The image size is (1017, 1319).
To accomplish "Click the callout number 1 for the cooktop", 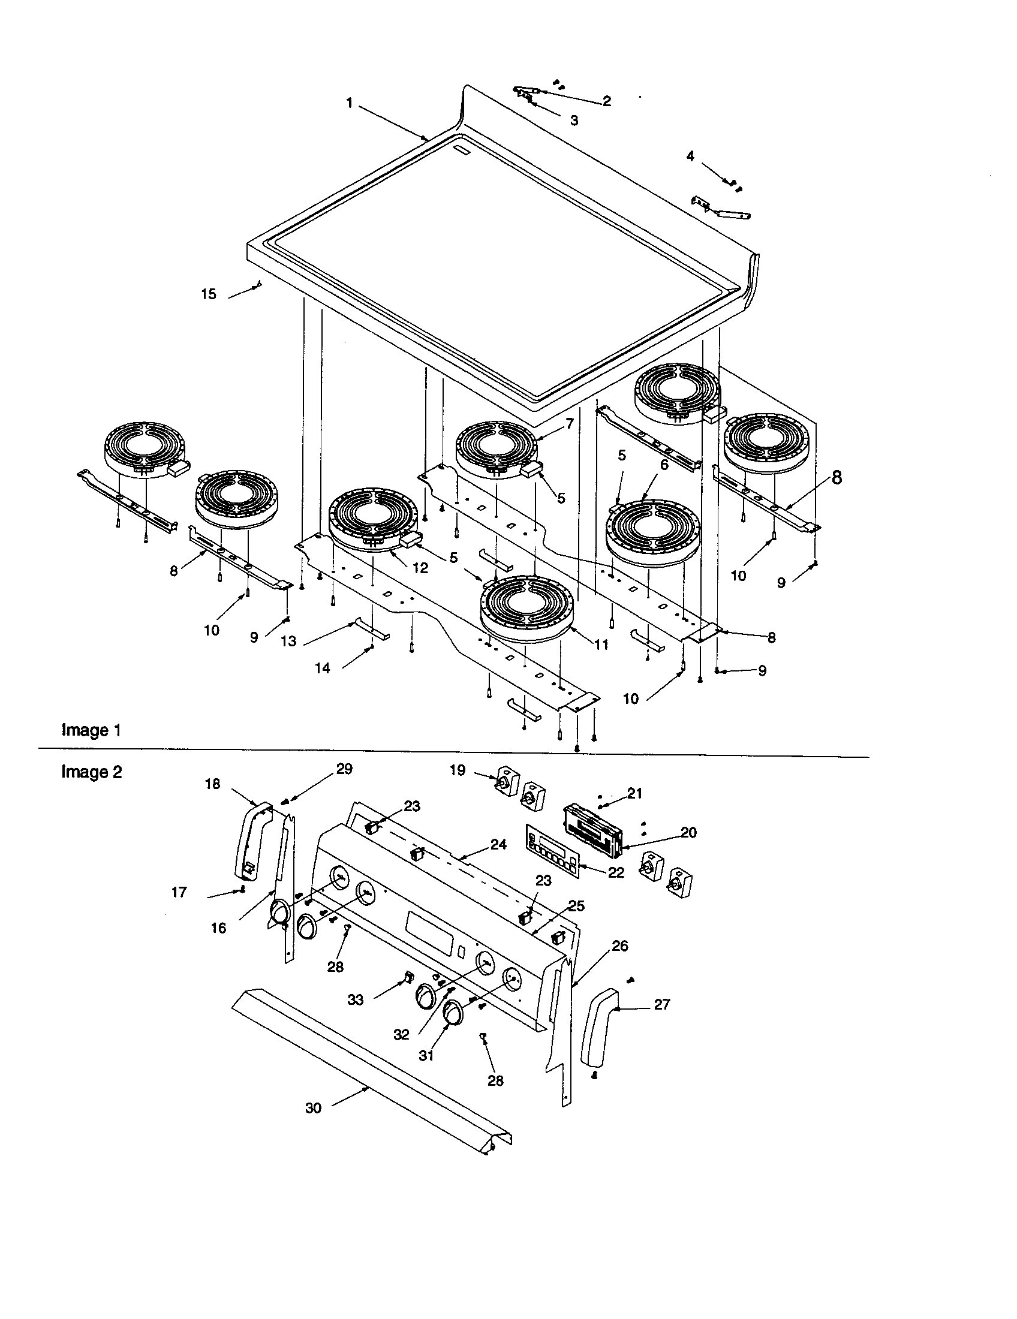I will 349,103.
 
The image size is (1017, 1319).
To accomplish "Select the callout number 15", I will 208,295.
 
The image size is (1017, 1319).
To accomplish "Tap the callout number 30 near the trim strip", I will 313,1108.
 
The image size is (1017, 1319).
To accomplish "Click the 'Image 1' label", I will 91,730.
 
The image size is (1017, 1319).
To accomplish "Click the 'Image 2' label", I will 91,772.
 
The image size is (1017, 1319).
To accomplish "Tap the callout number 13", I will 288,642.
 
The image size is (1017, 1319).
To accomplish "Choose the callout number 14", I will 323,668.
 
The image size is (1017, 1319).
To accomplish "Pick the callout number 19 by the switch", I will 458,770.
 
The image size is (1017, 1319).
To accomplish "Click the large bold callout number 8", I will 837,478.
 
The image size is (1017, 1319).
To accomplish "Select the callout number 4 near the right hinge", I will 690,156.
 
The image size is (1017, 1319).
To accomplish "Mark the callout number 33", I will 356,1000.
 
